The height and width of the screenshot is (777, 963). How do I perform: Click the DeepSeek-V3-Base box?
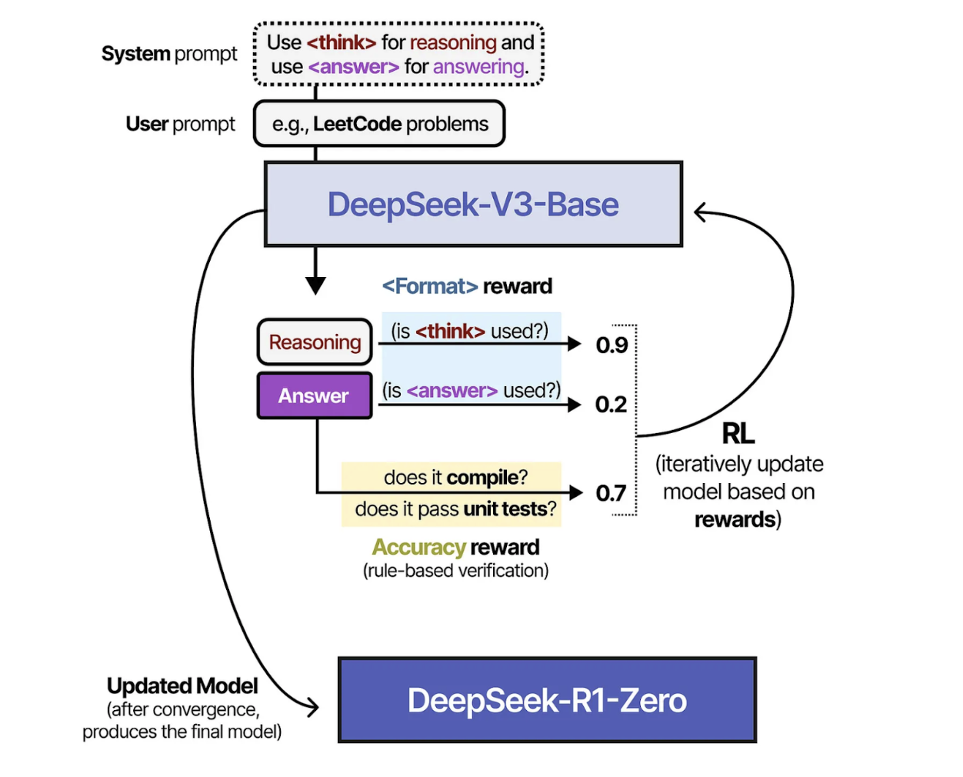tap(473, 205)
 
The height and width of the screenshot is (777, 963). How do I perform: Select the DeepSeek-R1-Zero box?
tap(547, 700)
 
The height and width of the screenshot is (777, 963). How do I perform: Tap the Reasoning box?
tap(315, 342)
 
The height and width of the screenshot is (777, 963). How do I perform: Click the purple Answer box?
tap(314, 396)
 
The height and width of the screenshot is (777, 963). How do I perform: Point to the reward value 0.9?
tap(611, 345)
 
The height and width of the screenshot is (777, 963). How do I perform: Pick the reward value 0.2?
tap(611, 405)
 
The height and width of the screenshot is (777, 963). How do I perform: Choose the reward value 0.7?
tap(611, 493)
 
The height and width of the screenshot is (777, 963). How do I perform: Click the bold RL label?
tap(738, 434)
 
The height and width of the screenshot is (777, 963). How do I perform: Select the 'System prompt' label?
tap(169, 54)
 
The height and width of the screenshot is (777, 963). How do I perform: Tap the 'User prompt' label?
tap(180, 124)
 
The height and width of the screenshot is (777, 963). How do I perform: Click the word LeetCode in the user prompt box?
tap(357, 124)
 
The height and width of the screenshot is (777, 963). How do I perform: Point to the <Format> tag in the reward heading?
tap(430, 286)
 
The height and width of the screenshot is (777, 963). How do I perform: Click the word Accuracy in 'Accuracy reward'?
tap(418, 547)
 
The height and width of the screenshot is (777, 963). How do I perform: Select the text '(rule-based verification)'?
tap(455, 571)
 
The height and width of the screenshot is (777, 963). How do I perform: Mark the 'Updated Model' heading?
tap(182, 685)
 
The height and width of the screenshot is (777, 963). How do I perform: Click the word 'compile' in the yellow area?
tap(482, 478)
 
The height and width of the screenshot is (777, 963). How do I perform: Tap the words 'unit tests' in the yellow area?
tap(505, 509)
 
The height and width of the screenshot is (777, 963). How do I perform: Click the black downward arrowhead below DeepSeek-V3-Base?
tap(315, 285)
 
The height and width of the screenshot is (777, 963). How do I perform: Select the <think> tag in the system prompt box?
tap(342, 42)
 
